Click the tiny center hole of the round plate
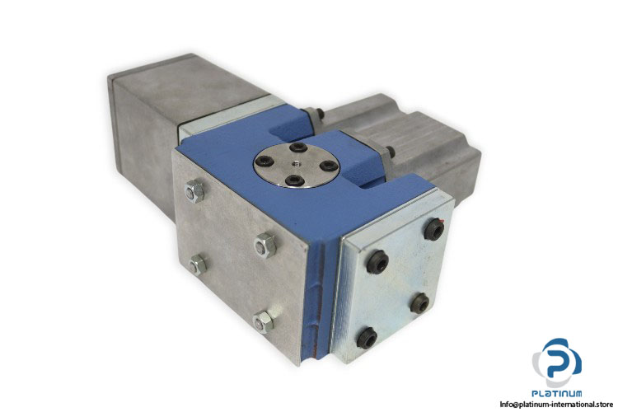[x=295, y=164]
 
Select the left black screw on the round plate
[x=263, y=161]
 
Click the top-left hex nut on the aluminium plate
[x=194, y=191]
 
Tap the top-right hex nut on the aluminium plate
[x=265, y=245]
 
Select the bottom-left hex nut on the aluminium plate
[x=198, y=265]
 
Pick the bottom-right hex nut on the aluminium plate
[x=264, y=321]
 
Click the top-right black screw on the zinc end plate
[x=434, y=229]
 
